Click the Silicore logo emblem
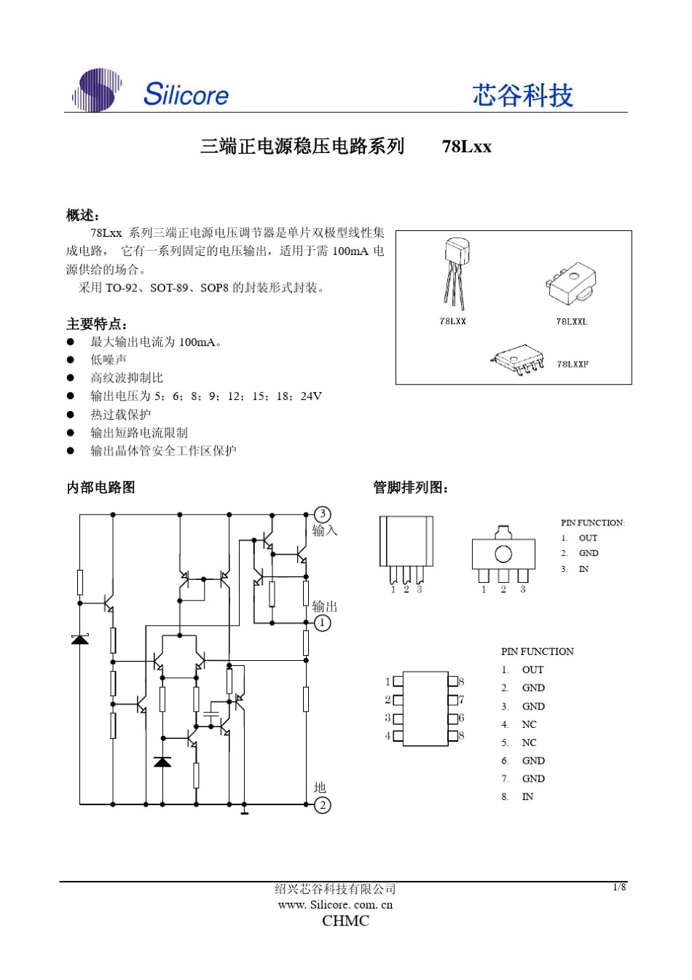[97, 90]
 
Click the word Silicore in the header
[186, 94]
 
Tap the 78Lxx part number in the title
[466, 146]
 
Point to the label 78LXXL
[572, 321]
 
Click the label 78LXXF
[573, 364]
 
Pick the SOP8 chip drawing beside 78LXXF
[518, 359]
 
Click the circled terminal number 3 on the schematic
[323, 514]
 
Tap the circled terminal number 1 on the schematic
[323, 623]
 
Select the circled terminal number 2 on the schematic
[323, 805]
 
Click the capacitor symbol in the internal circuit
[211, 710]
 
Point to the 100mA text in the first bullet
[197, 342]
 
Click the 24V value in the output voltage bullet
[311, 396]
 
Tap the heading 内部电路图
[101, 487]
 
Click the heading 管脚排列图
[410, 487]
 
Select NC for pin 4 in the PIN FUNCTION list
[529, 724]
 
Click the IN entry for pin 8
[527, 797]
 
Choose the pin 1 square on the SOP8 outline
[398, 682]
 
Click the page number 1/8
[619, 887]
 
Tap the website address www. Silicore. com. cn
[335, 905]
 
